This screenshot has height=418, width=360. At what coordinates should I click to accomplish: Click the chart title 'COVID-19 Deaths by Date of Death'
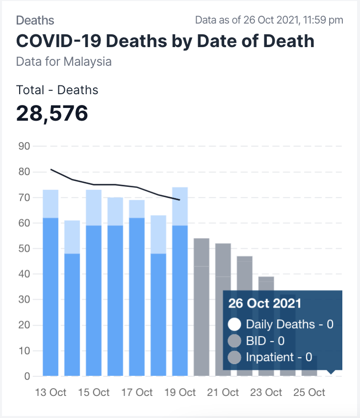165,41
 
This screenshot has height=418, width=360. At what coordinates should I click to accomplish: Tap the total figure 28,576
52,113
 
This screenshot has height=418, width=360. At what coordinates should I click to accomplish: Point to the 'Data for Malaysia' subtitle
64,62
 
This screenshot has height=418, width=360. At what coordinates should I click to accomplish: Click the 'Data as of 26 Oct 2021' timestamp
269,20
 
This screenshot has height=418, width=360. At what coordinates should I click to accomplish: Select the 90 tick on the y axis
24,146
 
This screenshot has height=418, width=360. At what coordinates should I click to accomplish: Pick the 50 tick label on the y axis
24,249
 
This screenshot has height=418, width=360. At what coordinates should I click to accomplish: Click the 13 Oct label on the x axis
51,392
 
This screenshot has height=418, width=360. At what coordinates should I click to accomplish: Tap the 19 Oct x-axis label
180,392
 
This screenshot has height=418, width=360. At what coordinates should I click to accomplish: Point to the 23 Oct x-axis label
266,392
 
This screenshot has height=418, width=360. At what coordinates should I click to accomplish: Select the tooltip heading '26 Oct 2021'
264,303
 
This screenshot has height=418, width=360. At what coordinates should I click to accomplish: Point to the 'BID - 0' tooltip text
265,340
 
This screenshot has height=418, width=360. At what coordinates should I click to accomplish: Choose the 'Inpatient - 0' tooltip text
279,357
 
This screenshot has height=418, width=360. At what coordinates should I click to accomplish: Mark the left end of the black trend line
51,170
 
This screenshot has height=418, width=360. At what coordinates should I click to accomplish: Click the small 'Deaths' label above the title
35,20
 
